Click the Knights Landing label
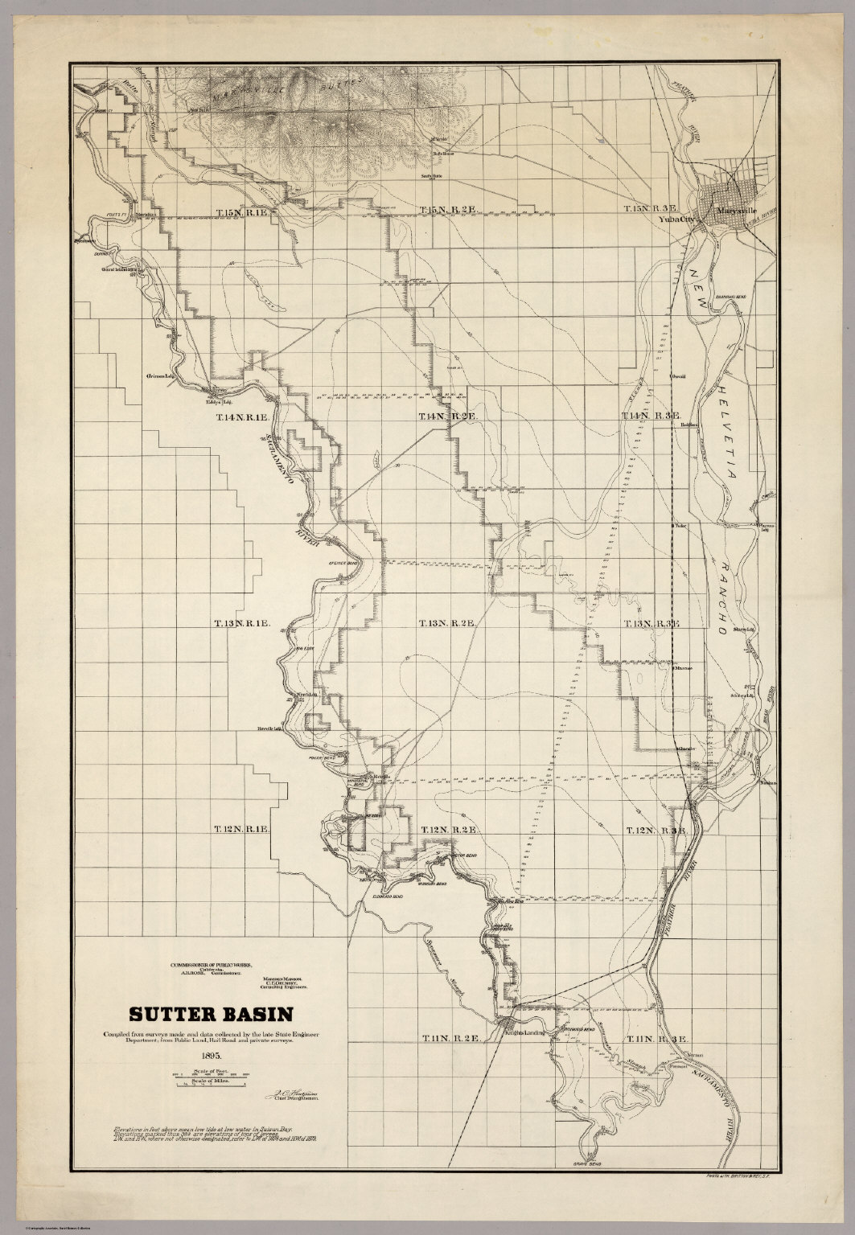pyautogui.click(x=528, y=1032)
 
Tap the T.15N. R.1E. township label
pyautogui.click(x=246, y=212)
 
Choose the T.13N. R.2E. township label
pyautogui.click(x=449, y=623)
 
